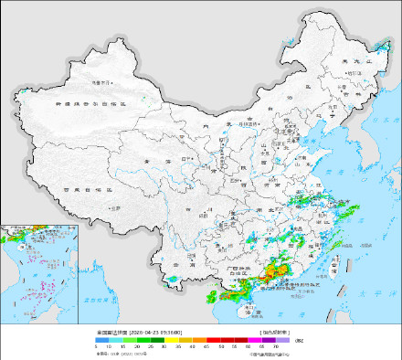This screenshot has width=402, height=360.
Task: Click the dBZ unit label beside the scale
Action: click(298, 340)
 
